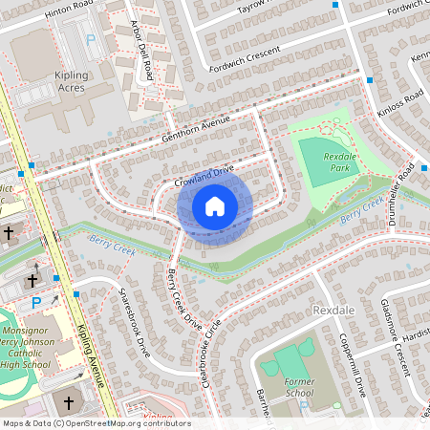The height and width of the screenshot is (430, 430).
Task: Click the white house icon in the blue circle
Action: pos(215,205)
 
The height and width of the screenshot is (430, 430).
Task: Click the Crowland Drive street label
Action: pos(204,175)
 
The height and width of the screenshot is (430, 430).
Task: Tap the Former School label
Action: pos(299,386)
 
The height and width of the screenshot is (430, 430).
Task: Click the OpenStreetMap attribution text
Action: pos(96,423)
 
